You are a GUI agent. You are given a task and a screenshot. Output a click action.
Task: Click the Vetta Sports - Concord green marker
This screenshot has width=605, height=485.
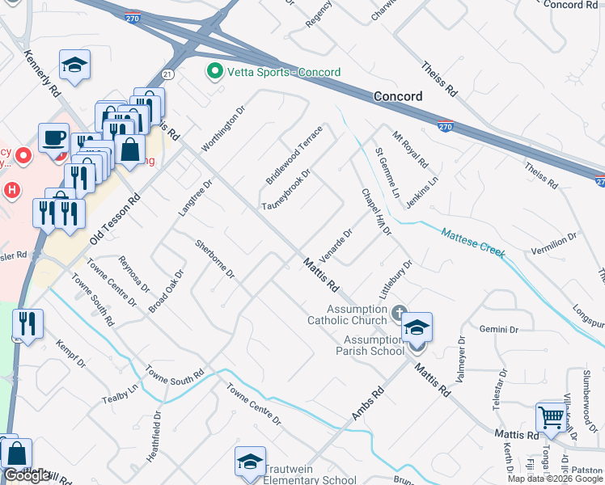pos(215,72)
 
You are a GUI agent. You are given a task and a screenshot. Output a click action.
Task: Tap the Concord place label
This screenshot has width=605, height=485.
pos(398,96)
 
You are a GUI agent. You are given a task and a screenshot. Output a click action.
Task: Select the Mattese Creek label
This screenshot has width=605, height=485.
pos(474,242)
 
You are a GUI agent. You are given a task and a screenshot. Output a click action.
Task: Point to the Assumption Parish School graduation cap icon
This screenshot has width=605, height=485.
pos(417,327)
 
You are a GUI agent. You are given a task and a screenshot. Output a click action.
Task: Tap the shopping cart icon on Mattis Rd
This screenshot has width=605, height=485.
pos(551,418)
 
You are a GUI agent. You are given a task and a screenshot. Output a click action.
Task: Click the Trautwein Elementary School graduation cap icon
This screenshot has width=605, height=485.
pos(250,462)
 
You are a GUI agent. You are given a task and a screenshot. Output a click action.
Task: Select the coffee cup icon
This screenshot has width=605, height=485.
pos(53,137)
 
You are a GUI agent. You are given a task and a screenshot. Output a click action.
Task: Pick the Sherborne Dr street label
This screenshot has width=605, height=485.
pos(214,259)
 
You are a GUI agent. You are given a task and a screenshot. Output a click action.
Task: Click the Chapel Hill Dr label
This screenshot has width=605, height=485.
pos(376,213)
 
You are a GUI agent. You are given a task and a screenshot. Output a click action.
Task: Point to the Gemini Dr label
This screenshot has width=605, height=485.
pos(498,329)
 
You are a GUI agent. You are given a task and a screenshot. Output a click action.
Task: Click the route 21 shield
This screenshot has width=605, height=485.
pos(167,74)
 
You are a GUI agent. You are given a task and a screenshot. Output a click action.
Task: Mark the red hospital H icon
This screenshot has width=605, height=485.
pos(11,191)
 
